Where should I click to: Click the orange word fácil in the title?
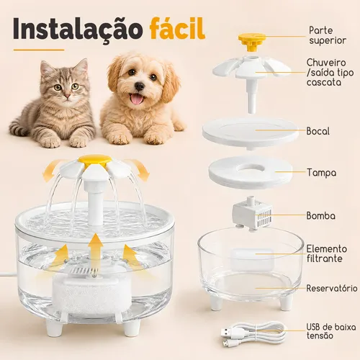[178, 28]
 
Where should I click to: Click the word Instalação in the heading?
[78, 30]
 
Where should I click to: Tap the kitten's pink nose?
[68, 96]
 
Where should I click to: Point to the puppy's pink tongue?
[137, 99]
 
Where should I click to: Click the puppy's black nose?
[139, 86]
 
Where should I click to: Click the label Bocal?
[318, 131]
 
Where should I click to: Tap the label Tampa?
[322, 173]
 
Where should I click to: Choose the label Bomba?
[321, 216]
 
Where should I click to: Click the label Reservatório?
[332, 288]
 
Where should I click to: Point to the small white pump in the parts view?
[252, 214]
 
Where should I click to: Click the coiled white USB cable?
[253, 333]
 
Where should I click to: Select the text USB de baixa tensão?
[331, 331]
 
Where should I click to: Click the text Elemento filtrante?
[327, 253]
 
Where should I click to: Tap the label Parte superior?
[328, 35]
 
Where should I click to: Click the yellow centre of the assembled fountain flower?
[95, 161]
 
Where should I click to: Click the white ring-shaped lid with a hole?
[251, 171]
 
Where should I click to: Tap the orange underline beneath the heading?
[39, 50]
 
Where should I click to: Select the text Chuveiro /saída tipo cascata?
[330, 72]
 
